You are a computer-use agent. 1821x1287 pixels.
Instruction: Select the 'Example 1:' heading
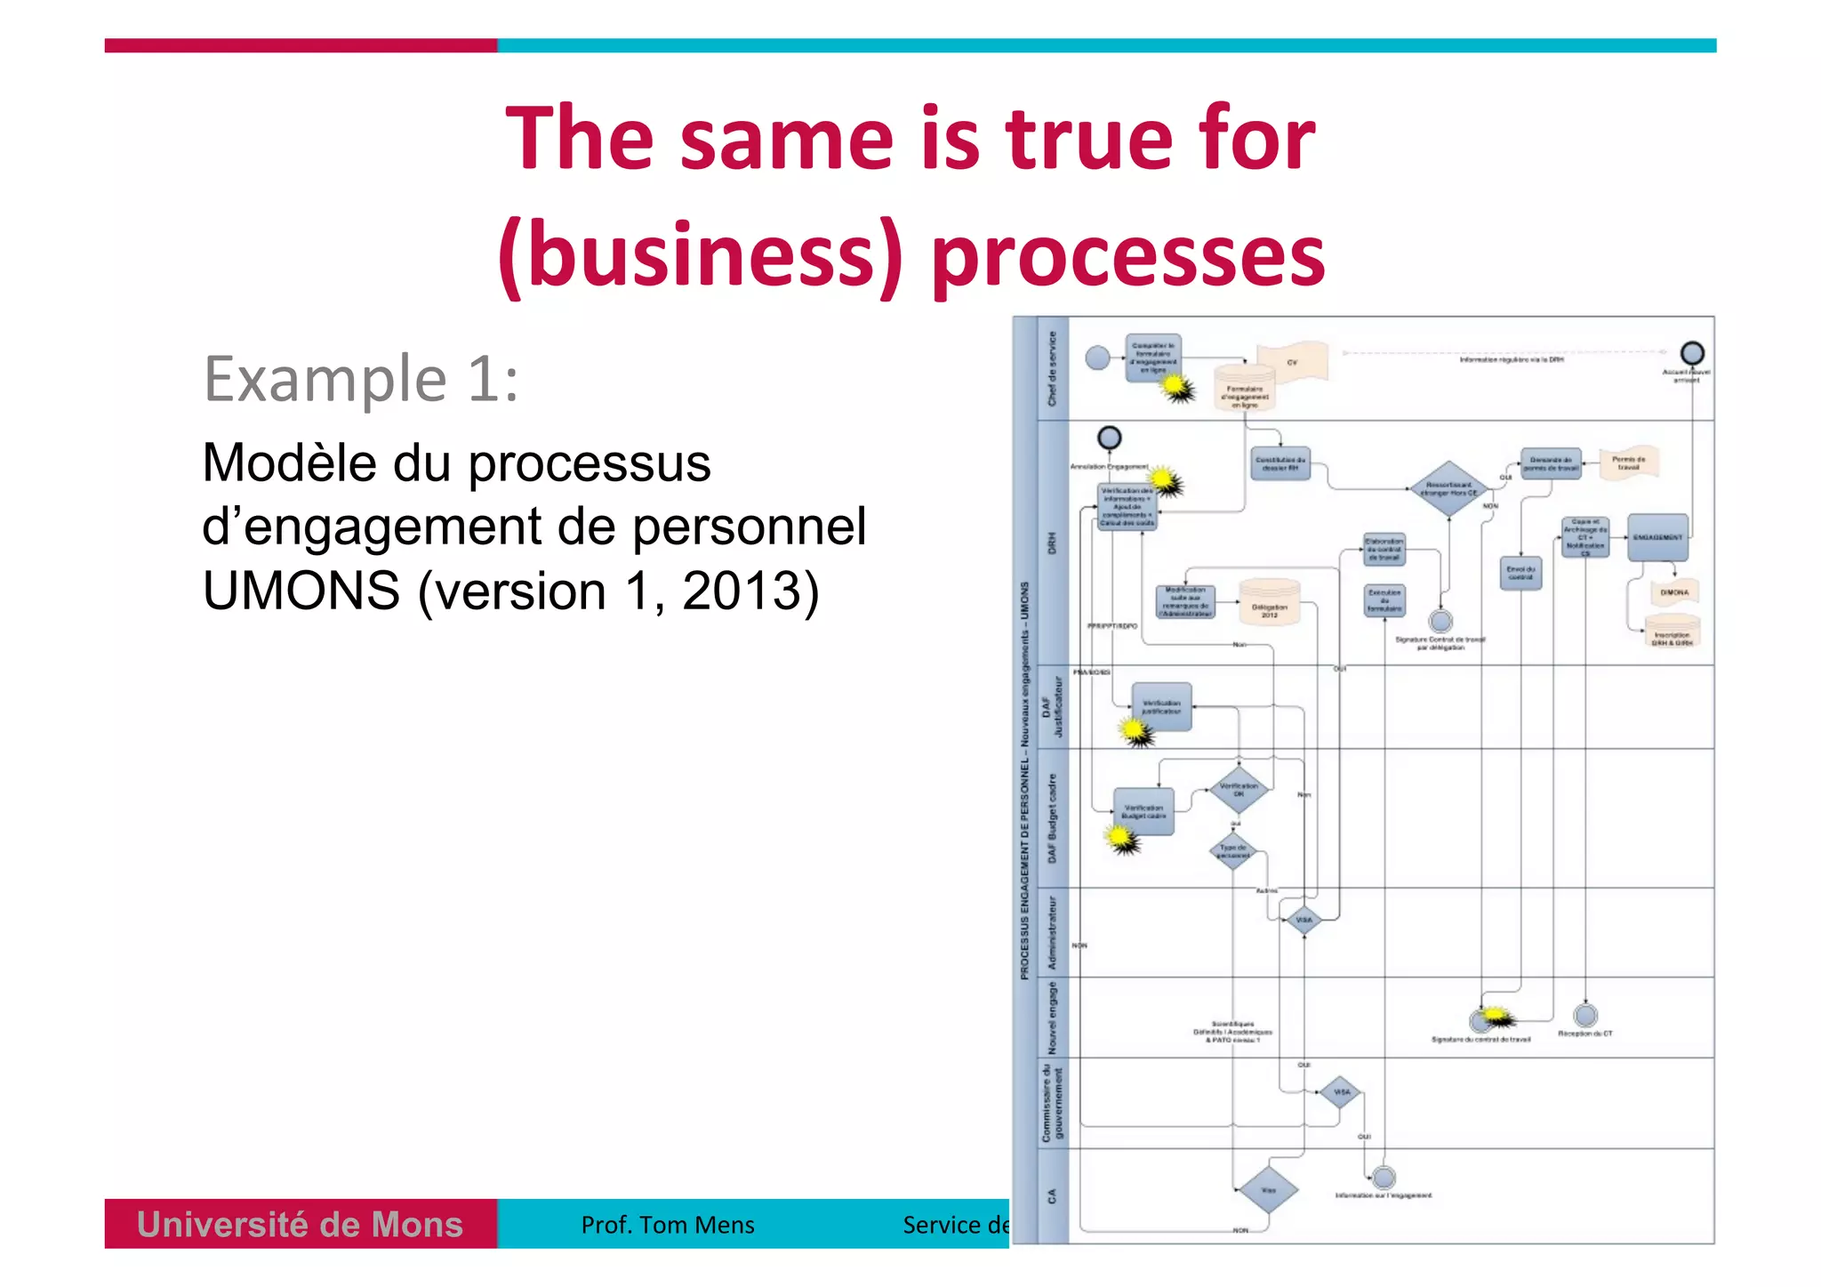(x=360, y=379)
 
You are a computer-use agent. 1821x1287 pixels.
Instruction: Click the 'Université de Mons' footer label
(x=300, y=1225)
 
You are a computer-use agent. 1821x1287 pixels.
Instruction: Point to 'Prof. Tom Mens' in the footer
(x=667, y=1226)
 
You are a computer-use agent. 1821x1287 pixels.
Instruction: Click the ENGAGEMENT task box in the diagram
(x=1657, y=537)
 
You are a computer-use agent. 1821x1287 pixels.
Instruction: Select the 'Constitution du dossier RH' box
(x=1280, y=463)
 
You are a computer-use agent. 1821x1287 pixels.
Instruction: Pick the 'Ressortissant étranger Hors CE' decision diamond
(x=1448, y=488)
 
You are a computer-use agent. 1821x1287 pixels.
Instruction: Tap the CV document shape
(x=1292, y=363)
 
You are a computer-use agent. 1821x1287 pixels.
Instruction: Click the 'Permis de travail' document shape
(x=1628, y=463)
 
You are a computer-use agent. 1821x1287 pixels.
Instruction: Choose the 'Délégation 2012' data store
(x=1269, y=607)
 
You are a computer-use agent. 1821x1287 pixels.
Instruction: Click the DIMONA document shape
(x=1674, y=592)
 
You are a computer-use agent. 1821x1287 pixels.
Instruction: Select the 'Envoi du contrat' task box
(x=1520, y=572)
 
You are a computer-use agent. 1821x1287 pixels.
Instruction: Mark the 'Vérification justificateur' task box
(x=1161, y=707)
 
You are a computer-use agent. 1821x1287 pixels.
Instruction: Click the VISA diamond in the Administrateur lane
(x=1304, y=920)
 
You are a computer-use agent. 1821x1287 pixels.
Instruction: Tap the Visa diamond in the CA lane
(x=1268, y=1190)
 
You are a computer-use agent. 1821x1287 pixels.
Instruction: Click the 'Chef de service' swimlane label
(x=1053, y=368)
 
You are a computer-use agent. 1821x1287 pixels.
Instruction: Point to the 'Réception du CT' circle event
(x=1585, y=1015)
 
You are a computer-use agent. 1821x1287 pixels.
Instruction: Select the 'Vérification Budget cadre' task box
(x=1143, y=811)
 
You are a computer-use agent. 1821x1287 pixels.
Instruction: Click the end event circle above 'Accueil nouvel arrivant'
(x=1692, y=353)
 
